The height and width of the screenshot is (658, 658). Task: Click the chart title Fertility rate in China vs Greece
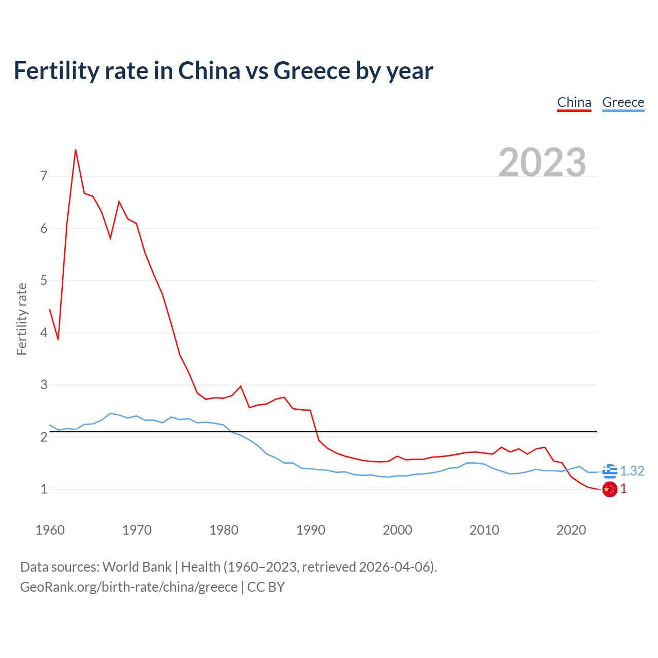point(223,71)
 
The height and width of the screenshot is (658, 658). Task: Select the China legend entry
point(574,102)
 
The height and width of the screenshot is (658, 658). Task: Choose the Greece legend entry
point(623,102)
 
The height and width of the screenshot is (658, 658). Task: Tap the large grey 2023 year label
point(542,162)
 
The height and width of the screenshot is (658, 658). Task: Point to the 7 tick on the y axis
point(44,176)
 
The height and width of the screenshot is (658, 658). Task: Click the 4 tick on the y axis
point(44,333)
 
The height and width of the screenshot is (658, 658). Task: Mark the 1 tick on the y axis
point(44,489)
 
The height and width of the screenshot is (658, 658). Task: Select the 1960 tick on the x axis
point(50,530)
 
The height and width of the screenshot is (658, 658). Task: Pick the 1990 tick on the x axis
point(310,530)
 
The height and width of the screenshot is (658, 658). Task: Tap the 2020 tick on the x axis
point(571,530)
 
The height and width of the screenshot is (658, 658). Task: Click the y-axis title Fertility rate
point(22,319)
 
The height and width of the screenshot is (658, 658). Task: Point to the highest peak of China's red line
point(76,150)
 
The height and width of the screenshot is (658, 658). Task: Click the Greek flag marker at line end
point(610,471)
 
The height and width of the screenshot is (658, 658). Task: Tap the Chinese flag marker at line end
point(610,489)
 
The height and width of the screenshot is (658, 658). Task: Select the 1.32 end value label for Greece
point(632,471)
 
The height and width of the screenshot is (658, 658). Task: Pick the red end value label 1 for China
point(624,489)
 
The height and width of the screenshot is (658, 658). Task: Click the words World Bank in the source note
point(137,567)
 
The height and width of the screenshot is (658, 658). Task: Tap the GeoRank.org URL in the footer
point(129,587)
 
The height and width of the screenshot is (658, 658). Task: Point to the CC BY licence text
point(266,587)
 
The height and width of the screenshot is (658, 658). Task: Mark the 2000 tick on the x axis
point(397,530)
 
